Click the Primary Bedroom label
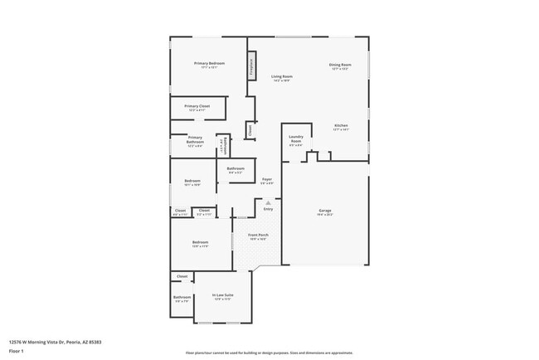[210, 64]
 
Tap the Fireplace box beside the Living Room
[252, 67]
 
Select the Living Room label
[282, 76]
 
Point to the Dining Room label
[340, 65]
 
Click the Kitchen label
[341, 125]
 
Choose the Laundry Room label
[295, 139]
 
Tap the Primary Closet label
[197, 106]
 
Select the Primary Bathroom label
[195, 139]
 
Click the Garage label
[325, 211]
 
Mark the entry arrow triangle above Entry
[268, 202]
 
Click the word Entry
[268, 208]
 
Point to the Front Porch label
[258, 235]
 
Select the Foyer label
[267, 179]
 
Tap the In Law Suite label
[222, 294]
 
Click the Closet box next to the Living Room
[250, 129]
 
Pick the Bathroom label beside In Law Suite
[182, 297]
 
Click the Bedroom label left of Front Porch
[201, 242]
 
